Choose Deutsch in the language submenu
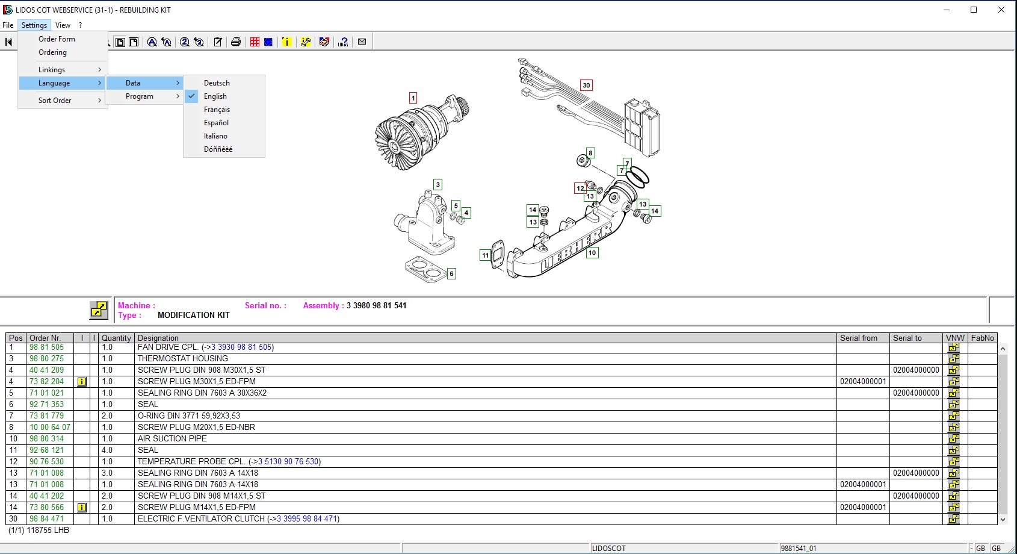217,83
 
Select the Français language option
217,110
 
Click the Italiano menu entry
215,136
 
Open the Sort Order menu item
55,101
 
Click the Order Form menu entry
57,39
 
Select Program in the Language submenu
140,96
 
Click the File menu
8,25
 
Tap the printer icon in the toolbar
236,42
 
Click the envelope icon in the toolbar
362,42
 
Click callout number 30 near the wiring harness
586,85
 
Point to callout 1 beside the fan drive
413,98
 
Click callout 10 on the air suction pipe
592,253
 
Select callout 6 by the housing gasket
451,273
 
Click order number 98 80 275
46,358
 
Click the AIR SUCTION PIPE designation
172,438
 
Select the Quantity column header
116,338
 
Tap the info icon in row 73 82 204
82,382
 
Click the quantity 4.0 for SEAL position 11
107,450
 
